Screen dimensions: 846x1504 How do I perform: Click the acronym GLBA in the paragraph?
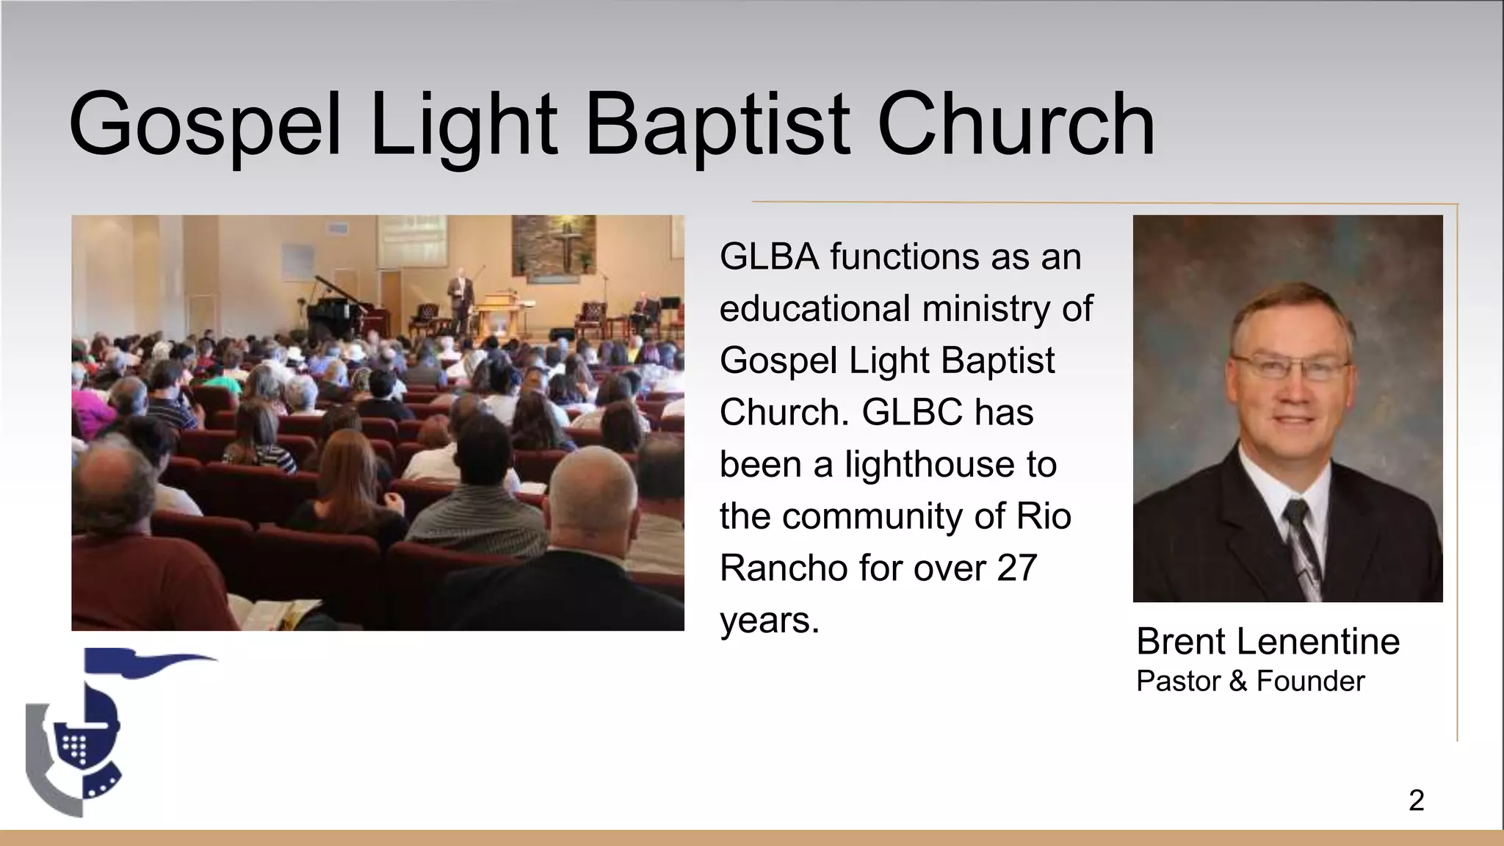coord(769,257)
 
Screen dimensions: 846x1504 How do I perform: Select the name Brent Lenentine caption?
coord(1268,641)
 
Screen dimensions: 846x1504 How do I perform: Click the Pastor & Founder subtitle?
coord(1250,681)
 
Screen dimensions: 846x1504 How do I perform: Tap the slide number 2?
coord(1417,800)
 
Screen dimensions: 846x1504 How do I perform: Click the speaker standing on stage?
coord(461,297)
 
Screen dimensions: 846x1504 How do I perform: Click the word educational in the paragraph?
coord(814,308)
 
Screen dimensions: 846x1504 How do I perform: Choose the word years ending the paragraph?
coord(769,620)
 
